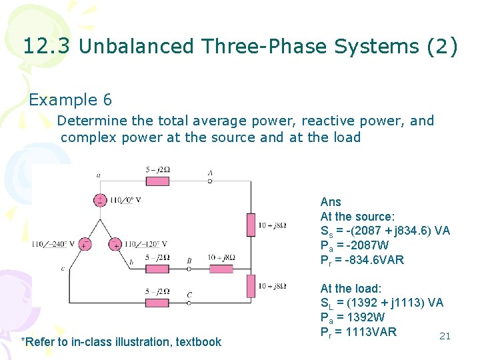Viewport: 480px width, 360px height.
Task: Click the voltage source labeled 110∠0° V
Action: coord(100,199)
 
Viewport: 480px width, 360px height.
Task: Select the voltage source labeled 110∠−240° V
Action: coord(85,244)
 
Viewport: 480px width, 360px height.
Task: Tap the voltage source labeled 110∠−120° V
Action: coord(115,244)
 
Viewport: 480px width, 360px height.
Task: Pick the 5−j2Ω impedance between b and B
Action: coord(157,269)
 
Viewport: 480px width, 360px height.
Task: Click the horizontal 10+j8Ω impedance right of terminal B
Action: coord(221,269)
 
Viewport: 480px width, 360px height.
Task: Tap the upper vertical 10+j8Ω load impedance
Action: coord(251,225)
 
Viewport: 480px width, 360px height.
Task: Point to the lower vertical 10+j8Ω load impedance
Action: coord(251,285)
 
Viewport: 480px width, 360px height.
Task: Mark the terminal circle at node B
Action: coord(189,269)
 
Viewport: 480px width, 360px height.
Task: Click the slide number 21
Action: coord(445,336)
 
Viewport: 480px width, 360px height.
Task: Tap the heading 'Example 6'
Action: coord(71,100)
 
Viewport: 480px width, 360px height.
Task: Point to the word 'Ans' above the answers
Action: coord(331,201)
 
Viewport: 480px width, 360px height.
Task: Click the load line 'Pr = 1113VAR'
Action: coord(359,332)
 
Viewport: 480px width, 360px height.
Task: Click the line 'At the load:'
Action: coord(351,288)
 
